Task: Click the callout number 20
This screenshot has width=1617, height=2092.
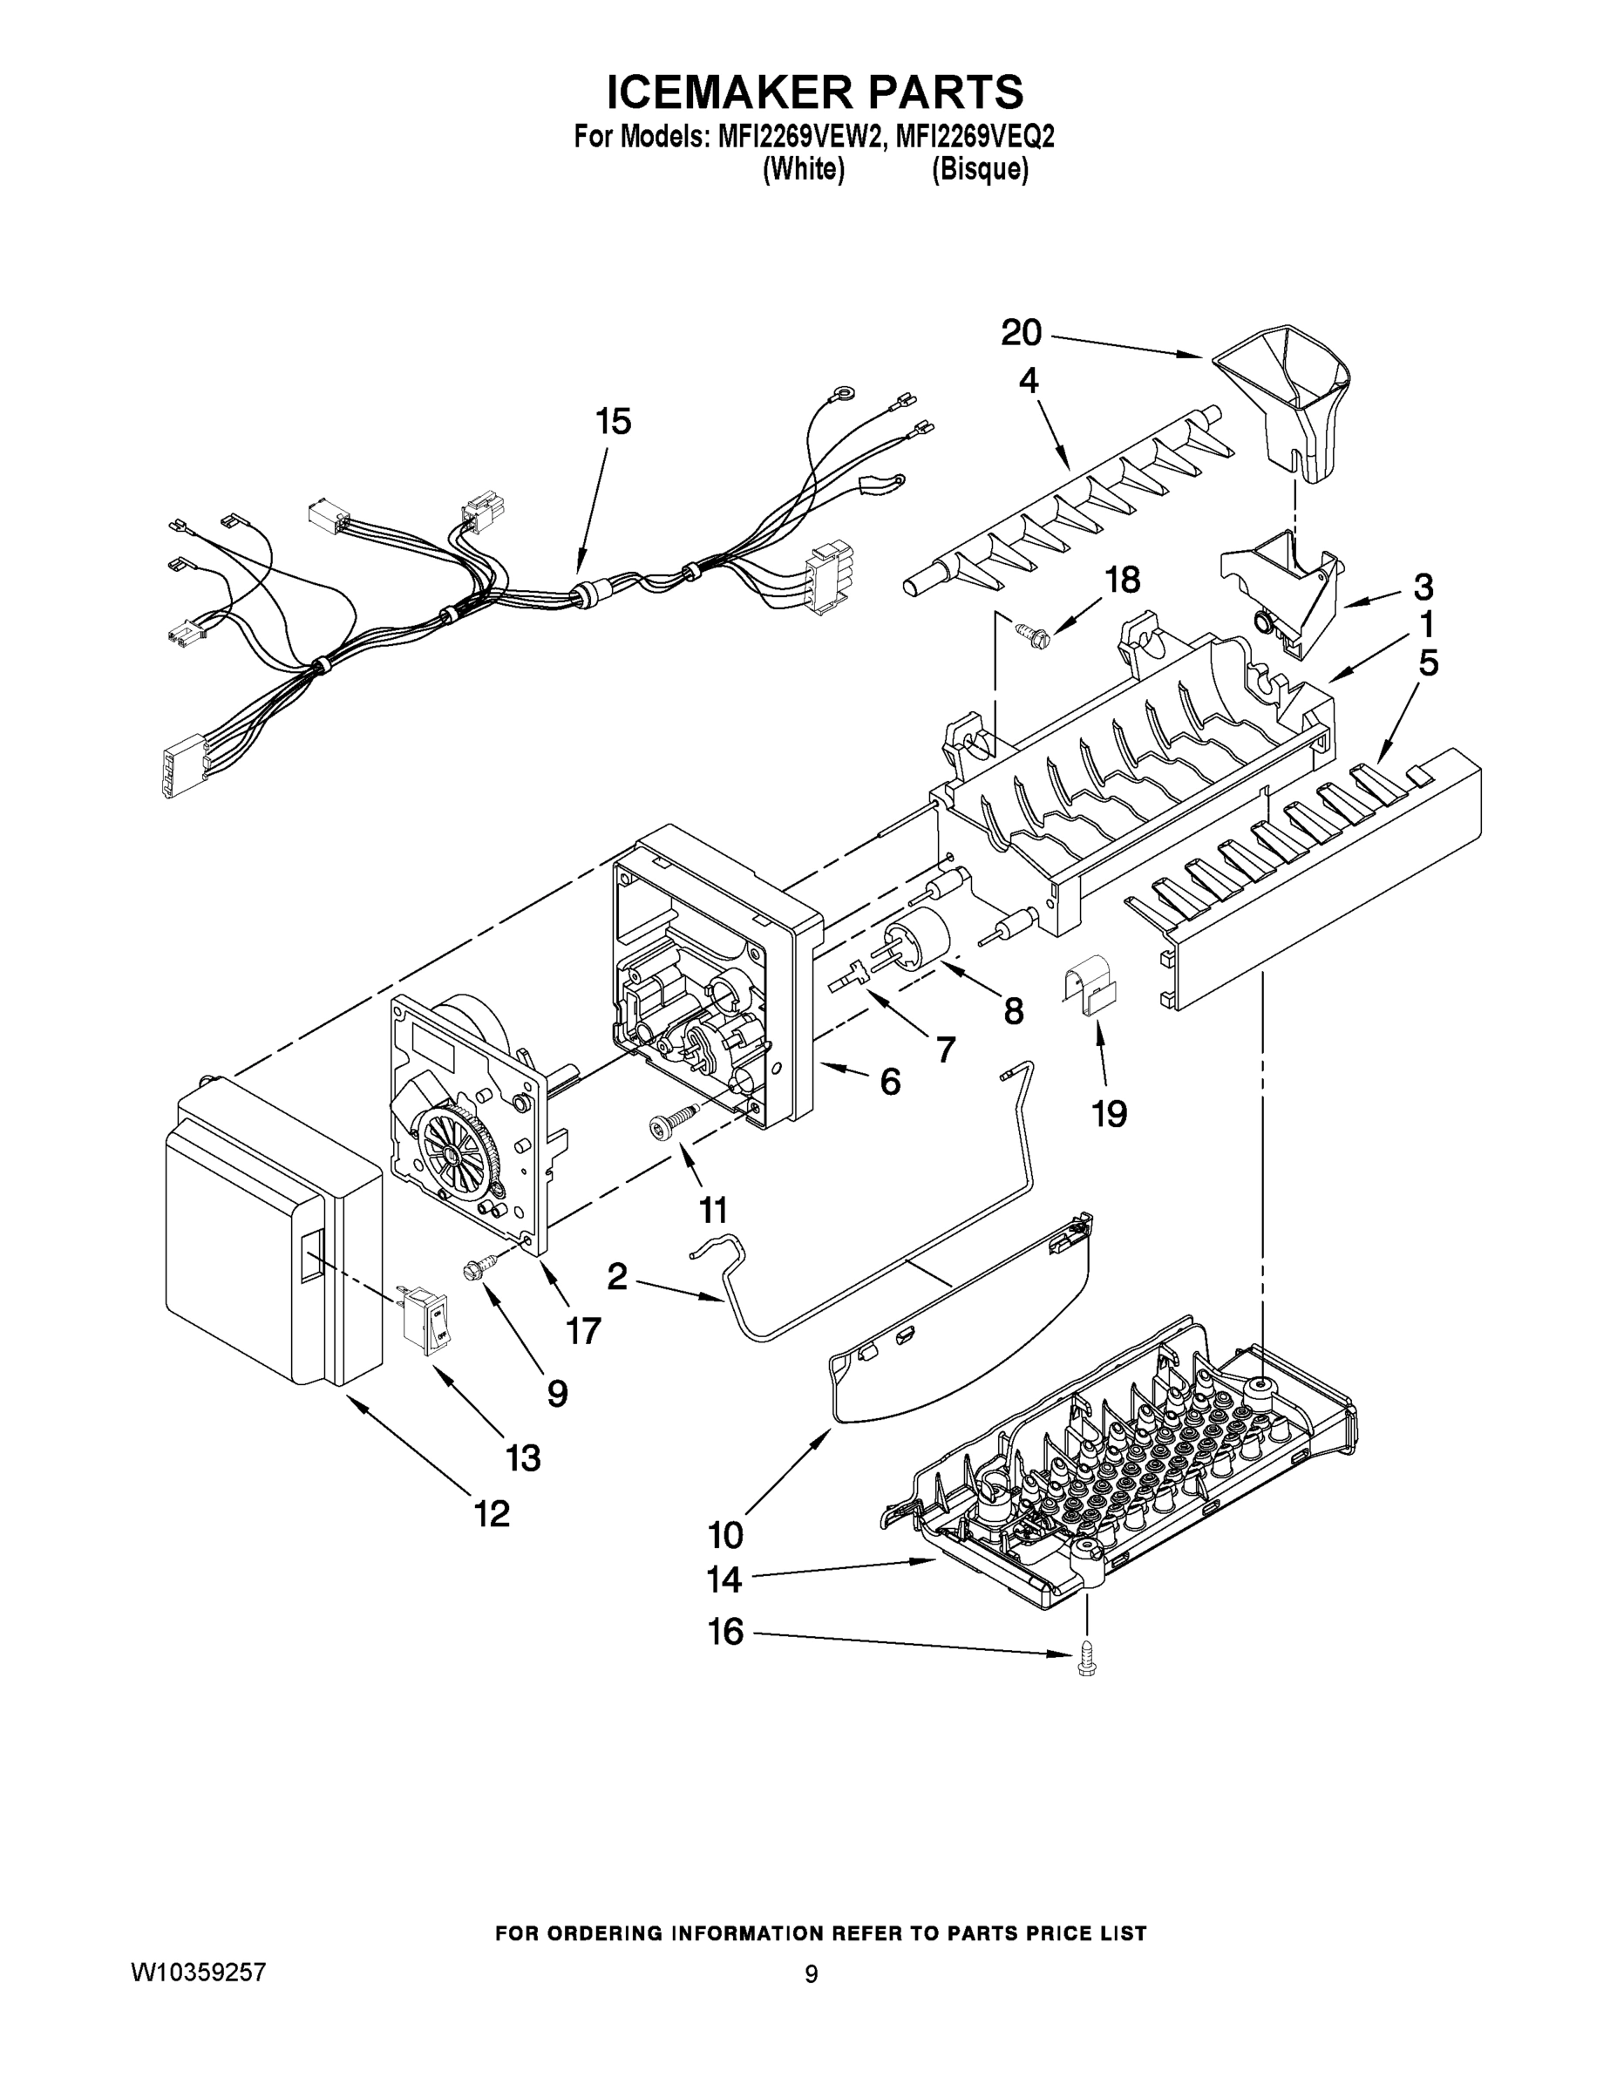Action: (1021, 333)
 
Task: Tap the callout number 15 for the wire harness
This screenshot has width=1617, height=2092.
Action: (614, 422)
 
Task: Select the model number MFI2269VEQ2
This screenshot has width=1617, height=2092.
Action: (975, 138)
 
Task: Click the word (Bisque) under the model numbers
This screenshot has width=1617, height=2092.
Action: (980, 171)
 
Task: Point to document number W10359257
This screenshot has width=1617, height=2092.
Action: (198, 1973)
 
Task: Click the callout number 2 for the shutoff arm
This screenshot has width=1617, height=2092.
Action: (617, 1276)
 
